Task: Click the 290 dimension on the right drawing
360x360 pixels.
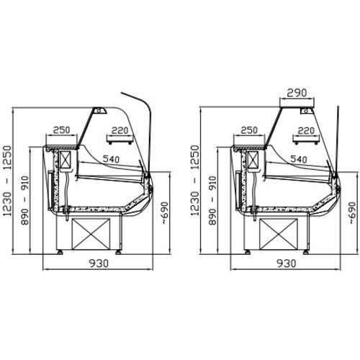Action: pos(297,93)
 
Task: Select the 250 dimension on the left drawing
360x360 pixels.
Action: pos(62,130)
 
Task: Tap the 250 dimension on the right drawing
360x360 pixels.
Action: pos(249,130)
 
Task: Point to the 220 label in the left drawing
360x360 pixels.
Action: pos(120,131)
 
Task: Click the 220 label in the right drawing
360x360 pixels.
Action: pos(306,131)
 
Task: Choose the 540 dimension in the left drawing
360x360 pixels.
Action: pos(111,159)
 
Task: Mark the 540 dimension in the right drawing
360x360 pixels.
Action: pos(299,159)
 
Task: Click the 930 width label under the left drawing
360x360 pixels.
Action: pos(99,264)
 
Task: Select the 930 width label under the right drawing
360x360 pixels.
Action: pos(287,264)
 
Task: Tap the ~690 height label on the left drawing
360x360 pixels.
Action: pos(165,213)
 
